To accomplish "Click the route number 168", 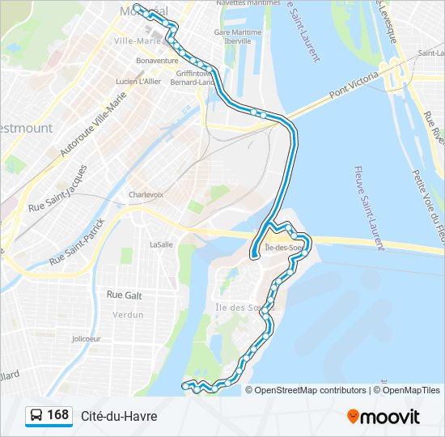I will tap(58, 415).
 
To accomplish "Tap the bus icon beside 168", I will tap(36, 416).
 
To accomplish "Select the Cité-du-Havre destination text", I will tap(119, 416).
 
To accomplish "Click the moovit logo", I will tap(384, 416).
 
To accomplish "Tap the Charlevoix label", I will tap(146, 195).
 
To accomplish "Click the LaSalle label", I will tap(161, 244).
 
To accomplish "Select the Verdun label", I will tap(128, 315).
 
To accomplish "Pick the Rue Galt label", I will tap(124, 296).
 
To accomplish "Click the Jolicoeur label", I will tap(86, 338).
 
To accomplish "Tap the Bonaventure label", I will tap(157, 60).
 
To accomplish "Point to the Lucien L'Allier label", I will tap(138, 81).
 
